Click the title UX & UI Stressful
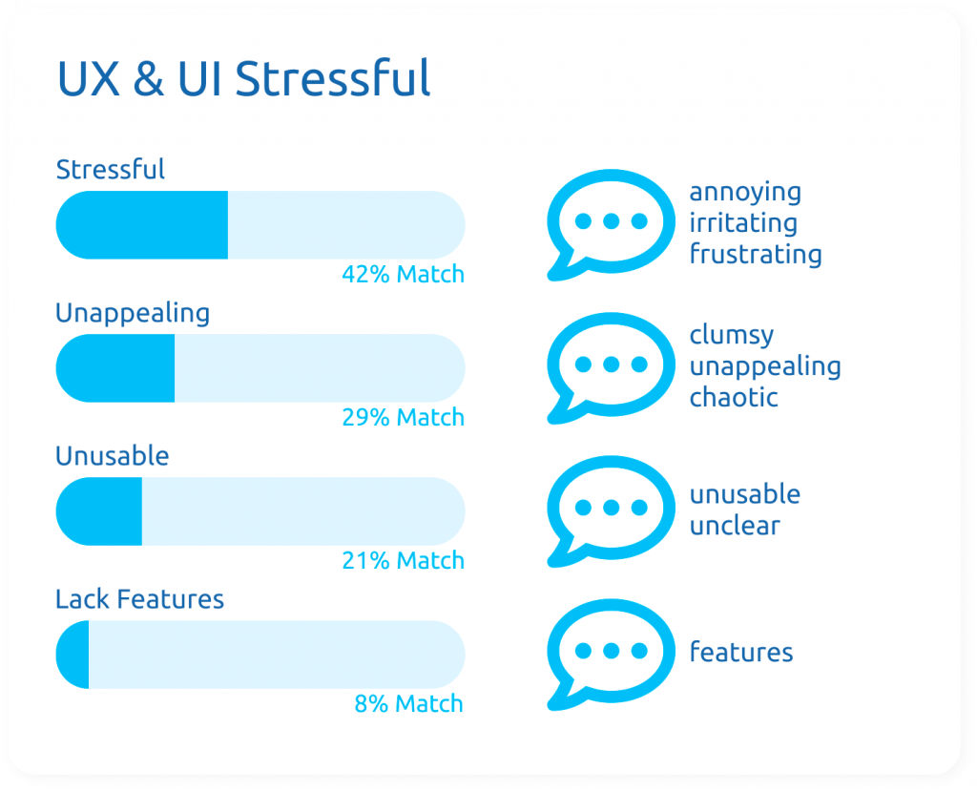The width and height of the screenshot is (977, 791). [x=243, y=78]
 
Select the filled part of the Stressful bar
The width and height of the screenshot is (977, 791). [x=142, y=225]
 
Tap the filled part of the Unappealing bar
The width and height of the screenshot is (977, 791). [x=115, y=368]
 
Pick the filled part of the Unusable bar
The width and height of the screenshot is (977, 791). [x=99, y=511]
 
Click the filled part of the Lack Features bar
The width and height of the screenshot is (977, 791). [x=73, y=655]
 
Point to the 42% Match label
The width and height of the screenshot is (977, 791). [x=404, y=274]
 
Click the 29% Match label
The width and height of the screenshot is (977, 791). [x=404, y=418]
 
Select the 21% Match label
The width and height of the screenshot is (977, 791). [x=404, y=561]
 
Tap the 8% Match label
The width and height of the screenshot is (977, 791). [x=408, y=704]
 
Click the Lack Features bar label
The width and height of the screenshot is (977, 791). [x=139, y=599]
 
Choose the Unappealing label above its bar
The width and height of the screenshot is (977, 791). [x=133, y=314]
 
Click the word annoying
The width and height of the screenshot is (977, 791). [x=745, y=193]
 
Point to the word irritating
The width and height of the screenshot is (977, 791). [x=743, y=222]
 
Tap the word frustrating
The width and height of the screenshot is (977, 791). [x=756, y=255]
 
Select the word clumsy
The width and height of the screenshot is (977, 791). [x=732, y=336]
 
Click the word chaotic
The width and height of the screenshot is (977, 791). [x=734, y=397]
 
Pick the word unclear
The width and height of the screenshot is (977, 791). [x=735, y=526]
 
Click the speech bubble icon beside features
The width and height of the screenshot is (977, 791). [x=611, y=654]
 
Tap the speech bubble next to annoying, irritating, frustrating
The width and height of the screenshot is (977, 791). [x=611, y=224]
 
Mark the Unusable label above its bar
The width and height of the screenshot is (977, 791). [x=113, y=456]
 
